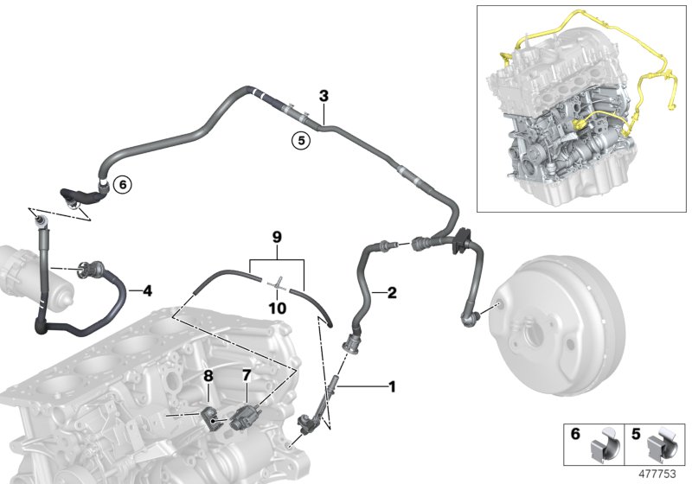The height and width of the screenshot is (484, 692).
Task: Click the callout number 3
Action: pos(324,96)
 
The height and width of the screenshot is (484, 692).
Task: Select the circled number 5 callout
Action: pos(301,141)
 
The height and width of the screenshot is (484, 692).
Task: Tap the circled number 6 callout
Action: pos(123,184)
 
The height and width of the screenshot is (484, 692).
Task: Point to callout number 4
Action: pos(147,290)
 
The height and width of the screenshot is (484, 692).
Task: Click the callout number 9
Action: pos(277,238)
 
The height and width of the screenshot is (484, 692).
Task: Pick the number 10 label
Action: pos(278,309)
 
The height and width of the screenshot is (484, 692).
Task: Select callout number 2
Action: pos(392,293)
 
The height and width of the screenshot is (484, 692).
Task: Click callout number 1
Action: pos(392,387)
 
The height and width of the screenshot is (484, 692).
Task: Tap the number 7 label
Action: pos(247,376)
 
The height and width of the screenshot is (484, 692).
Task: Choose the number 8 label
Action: pos(208,376)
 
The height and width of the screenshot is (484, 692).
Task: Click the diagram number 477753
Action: pos(657,474)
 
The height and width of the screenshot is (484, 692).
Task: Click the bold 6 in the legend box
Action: pos(575,434)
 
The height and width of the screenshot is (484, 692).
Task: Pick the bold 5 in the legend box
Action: pos(636,434)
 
